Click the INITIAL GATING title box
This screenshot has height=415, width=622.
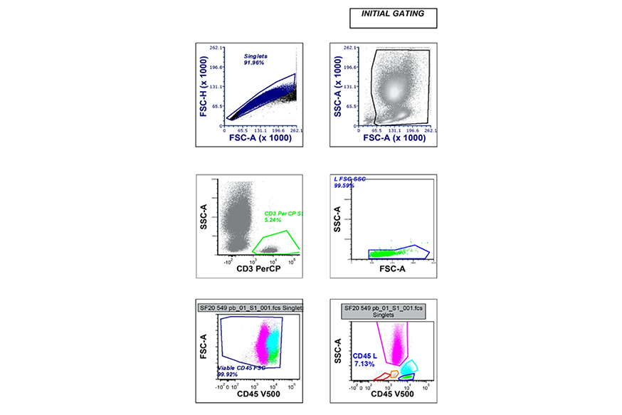[393, 18]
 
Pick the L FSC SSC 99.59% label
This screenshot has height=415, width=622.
[349, 182]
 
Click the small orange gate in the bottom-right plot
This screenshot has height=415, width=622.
[394, 374]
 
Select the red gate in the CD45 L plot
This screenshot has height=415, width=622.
[382, 376]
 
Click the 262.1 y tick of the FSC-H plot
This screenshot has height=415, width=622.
[217, 48]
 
